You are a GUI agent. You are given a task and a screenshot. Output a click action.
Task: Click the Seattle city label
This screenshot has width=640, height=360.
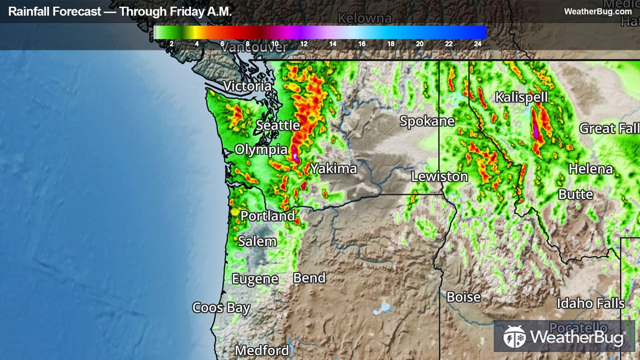(278, 125)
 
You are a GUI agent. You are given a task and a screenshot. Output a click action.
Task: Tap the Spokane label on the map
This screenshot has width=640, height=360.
(427, 122)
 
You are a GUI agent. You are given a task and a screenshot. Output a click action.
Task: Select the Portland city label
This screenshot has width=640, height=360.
(268, 216)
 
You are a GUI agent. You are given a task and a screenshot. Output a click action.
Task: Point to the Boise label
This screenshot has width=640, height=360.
(463, 297)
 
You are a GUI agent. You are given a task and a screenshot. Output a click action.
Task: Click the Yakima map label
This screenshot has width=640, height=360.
(333, 168)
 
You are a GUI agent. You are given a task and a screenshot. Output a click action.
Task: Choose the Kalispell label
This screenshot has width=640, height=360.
(521, 98)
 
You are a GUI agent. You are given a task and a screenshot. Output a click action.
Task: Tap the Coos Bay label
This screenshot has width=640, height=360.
(221, 308)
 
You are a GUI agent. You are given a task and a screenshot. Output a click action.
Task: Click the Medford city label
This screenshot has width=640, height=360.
(262, 351)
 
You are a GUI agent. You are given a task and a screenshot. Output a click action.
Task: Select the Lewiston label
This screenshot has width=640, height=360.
(439, 177)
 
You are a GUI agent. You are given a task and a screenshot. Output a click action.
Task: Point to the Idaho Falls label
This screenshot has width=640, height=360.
(591, 303)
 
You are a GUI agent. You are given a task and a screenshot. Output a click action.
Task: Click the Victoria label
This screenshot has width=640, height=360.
(247, 86)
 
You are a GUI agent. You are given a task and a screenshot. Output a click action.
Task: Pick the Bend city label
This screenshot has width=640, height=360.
(309, 278)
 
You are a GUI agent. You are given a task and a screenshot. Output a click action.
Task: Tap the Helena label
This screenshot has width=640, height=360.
(591, 169)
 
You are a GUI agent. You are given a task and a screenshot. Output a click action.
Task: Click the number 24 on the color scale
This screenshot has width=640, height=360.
(477, 44)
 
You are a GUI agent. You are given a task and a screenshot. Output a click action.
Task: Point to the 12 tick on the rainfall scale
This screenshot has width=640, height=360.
(304, 44)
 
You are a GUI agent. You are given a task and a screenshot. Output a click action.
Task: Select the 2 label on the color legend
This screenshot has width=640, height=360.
(172, 44)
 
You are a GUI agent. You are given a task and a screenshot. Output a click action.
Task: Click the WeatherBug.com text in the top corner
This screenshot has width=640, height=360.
(598, 12)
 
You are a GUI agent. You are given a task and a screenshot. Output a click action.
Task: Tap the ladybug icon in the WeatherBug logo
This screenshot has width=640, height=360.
(514, 337)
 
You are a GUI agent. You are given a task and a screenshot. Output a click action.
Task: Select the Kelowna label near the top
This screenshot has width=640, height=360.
(364, 18)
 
